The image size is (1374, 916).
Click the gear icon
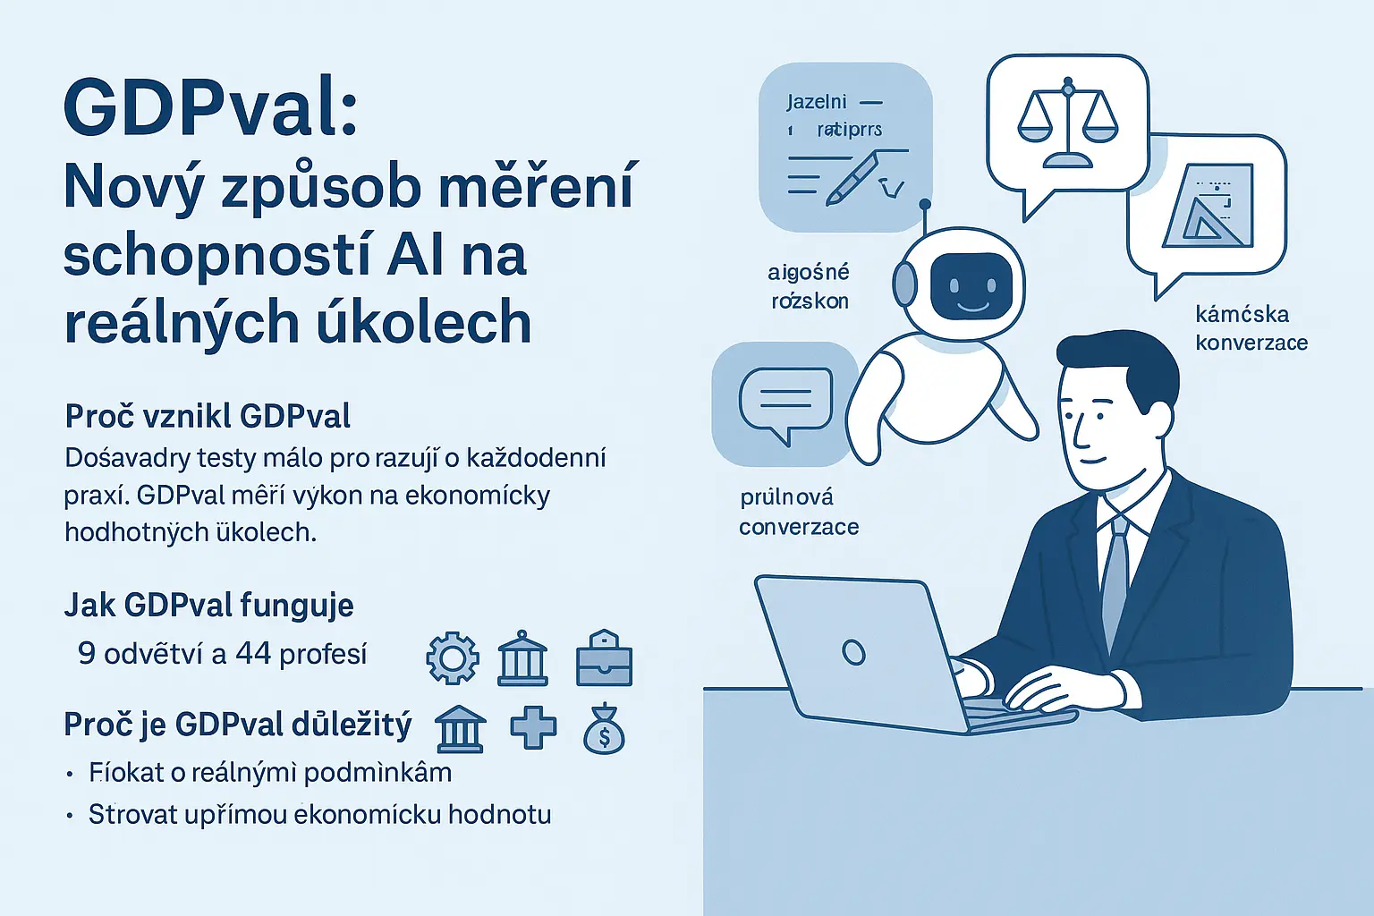tap(453, 659)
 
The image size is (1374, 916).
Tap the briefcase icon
tap(604, 659)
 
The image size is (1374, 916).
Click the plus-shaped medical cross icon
tap(533, 727)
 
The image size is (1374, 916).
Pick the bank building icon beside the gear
tap(522, 659)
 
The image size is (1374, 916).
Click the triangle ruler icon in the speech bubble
tap(1207, 208)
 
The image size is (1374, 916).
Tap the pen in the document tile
tap(852, 176)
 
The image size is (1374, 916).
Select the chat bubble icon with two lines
tap(785, 403)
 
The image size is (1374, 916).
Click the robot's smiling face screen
tap(971, 287)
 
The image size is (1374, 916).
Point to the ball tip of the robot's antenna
tap(925, 205)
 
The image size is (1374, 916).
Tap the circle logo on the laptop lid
tap(853, 652)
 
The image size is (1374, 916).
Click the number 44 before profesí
tap(253, 654)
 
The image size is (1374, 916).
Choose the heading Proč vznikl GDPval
tap(208, 416)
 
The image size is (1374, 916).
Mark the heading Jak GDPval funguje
tap(208, 606)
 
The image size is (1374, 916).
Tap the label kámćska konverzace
tap(1251, 328)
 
